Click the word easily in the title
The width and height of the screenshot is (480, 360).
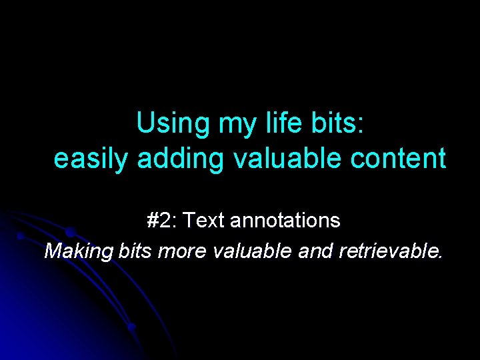tap(92, 159)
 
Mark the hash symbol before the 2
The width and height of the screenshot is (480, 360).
tap(154, 220)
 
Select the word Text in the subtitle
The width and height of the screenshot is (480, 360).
tap(204, 220)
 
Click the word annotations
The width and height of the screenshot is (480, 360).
tap(285, 220)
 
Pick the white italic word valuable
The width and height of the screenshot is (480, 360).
tap(250, 251)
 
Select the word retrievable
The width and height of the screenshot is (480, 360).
tap(390, 251)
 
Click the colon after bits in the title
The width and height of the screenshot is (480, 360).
tap(361, 125)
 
